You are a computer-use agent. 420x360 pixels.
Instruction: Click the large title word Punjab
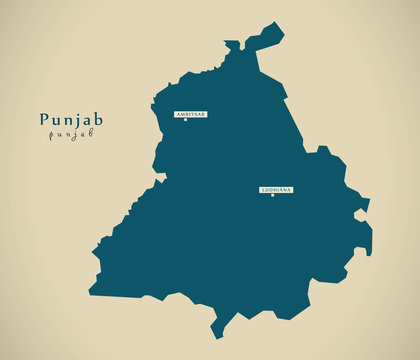[x=70, y=120]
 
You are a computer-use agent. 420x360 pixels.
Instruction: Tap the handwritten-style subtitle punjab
[x=70, y=135]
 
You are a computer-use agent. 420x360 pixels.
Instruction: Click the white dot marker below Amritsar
[x=185, y=122]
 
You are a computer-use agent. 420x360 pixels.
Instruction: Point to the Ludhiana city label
[x=276, y=189]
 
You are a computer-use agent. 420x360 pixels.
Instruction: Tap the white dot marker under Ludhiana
[x=272, y=196]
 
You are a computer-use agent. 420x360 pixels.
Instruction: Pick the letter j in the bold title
[x=75, y=121]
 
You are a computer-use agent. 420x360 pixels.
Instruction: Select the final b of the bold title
[x=97, y=119]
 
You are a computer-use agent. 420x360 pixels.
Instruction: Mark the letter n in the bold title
[x=66, y=120]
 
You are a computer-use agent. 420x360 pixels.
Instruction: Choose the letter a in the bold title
[x=85, y=120]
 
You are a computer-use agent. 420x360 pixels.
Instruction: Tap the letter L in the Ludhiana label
[x=263, y=189]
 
